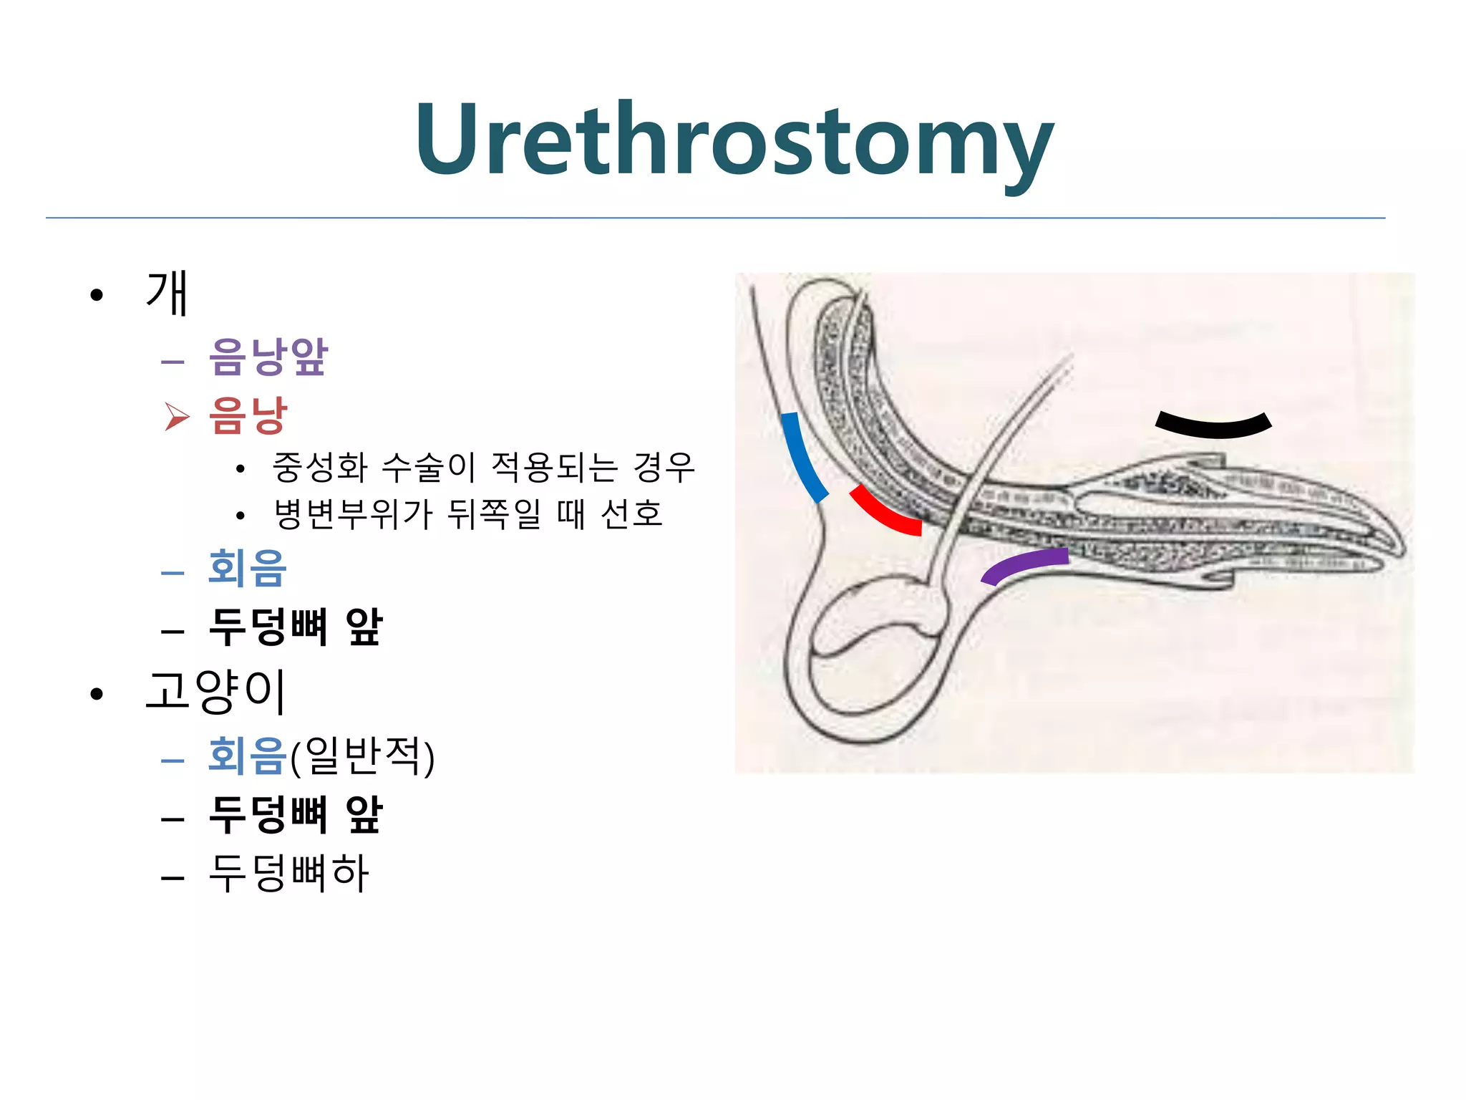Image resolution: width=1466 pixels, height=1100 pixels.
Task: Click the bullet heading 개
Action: pyautogui.click(x=167, y=293)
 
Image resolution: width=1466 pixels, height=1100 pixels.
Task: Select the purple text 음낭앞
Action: pyautogui.click(x=268, y=356)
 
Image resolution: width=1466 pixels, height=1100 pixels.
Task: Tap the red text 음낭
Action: pyautogui.click(x=248, y=415)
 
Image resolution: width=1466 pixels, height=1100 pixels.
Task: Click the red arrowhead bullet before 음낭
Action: pyautogui.click(x=177, y=416)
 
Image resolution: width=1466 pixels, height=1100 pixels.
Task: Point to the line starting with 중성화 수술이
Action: pyautogui.click(x=483, y=468)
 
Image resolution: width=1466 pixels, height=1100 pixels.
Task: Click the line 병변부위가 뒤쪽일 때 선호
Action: pyautogui.click(x=469, y=514)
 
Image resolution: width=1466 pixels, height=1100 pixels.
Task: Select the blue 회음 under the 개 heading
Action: pyautogui.click(x=248, y=569)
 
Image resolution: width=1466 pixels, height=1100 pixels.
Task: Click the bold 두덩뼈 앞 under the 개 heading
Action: pyautogui.click(x=296, y=627)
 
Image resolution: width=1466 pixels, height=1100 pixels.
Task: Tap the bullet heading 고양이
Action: pyautogui.click(x=216, y=691)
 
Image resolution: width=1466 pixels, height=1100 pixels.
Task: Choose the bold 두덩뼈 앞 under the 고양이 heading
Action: pyautogui.click(x=296, y=815)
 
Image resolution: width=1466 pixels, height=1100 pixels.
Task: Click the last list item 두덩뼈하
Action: pyautogui.click(x=288, y=873)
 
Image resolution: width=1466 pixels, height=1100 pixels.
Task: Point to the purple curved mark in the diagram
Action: pyautogui.click(x=1024, y=563)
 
